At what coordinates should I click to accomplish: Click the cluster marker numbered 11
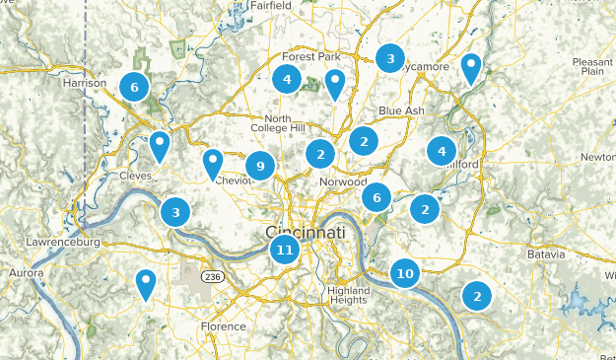284,249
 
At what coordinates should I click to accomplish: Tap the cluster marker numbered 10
404,273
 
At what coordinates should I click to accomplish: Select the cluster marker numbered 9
260,166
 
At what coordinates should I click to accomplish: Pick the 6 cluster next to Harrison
134,87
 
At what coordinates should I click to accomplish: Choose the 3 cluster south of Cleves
175,211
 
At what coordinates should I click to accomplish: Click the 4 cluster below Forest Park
287,80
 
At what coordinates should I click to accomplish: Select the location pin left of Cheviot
213,162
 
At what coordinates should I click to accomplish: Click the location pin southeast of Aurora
146,283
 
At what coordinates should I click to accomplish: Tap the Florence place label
223,326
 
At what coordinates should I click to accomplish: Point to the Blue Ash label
401,110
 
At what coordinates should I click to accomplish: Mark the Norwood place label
343,182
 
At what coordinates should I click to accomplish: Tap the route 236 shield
212,277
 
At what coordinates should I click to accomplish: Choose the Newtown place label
598,157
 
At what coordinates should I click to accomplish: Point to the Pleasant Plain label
592,65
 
